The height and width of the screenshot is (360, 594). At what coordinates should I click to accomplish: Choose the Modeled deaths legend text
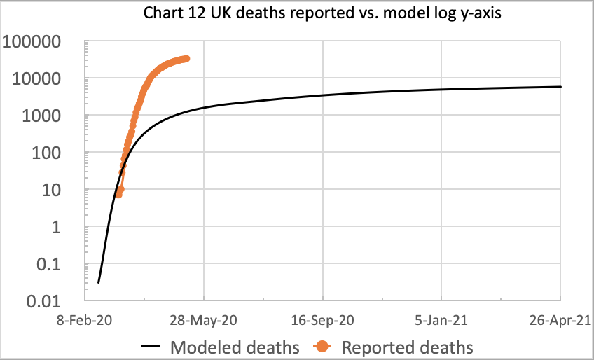(235, 347)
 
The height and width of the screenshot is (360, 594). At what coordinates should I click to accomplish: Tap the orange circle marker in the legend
(322, 347)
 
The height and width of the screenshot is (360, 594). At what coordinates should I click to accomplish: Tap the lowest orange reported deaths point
(118, 194)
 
